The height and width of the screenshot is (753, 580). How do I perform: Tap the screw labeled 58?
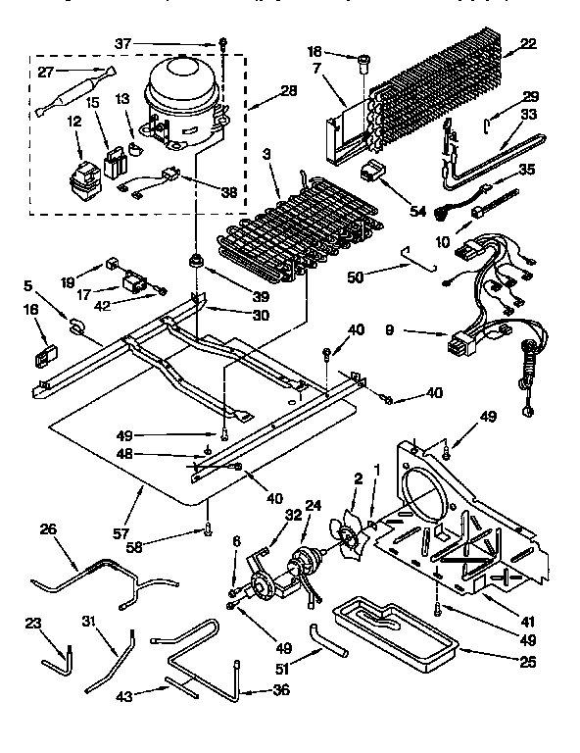tap(209, 530)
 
